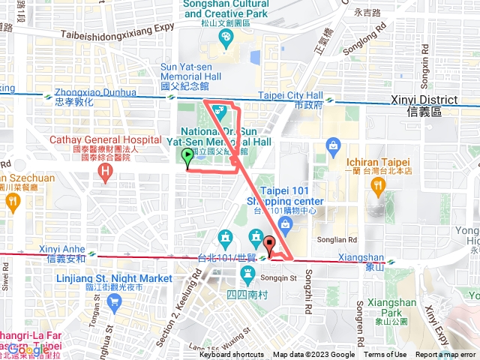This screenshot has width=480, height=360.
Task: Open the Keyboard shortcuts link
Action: pos(231,355)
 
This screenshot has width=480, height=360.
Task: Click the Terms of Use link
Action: pos(385,355)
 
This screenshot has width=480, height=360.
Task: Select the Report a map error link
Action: pos(445,355)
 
